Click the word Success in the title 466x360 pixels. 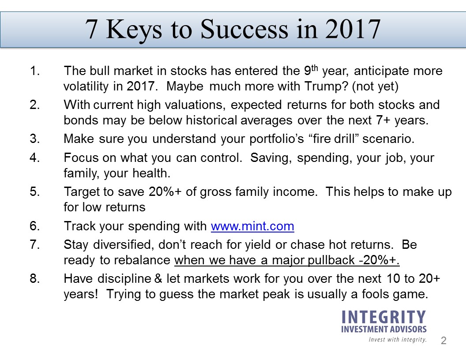[x=244, y=29]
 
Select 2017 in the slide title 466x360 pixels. [x=353, y=29]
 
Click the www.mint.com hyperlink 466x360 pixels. [x=252, y=226]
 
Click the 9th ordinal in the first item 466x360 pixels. [x=311, y=70]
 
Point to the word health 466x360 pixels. [x=151, y=173]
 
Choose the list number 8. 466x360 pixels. [x=34, y=279]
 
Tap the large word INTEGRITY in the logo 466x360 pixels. [x=383, y=317]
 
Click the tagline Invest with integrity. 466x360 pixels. [x=398, y=340]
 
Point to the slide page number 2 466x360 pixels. [x=443, y=341]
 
